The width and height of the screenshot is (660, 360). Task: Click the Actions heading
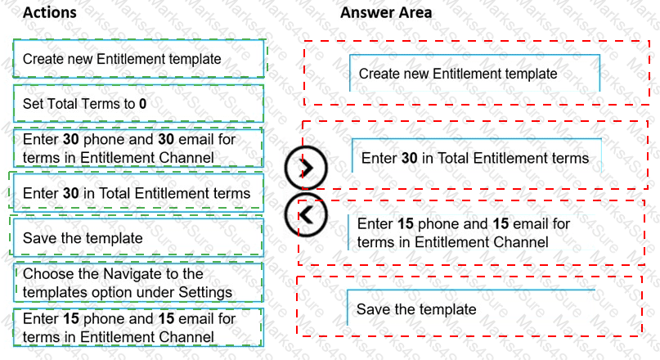click(50, 13)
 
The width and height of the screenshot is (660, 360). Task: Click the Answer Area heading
click(386, 13)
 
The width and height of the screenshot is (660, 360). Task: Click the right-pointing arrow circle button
click(306, 169)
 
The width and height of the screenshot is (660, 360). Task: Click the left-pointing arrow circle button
click(305, 215)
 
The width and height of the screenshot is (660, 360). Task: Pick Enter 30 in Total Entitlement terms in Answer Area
click(474, 157)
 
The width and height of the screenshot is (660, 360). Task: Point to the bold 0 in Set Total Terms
click(142, 104)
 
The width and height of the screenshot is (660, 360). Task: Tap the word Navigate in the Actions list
click(122, 273)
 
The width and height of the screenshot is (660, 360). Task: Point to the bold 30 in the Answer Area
click(410, 157)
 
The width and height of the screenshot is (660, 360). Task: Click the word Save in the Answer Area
click(371, 308)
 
